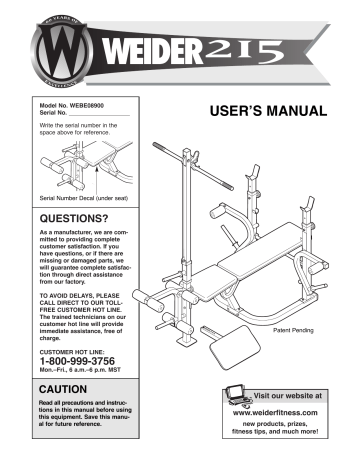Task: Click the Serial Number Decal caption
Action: coord(84,199)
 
